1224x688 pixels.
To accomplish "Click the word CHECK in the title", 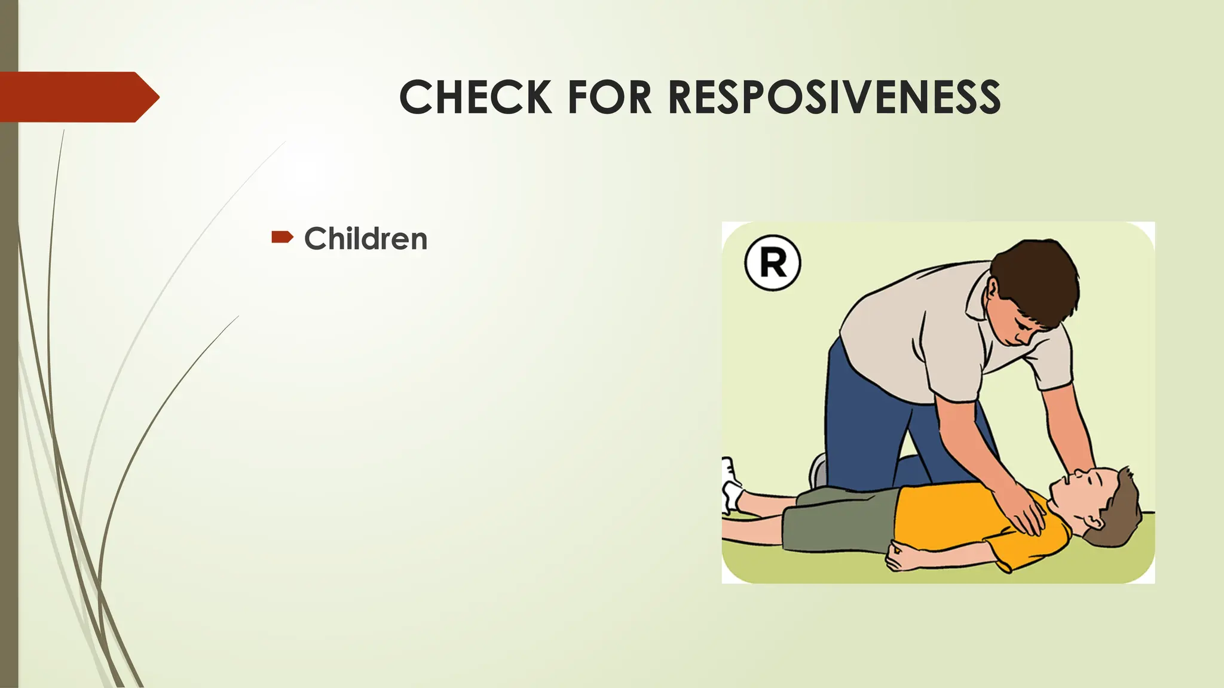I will tap(475, 97).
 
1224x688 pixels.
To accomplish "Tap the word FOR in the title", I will tap(609, 97).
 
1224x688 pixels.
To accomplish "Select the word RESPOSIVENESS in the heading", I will tap(834, 97).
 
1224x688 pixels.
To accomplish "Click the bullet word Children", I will tap(366, 239).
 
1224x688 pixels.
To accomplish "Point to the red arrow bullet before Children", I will tap(281, 238).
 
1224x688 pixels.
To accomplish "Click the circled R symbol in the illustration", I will tap(773, 263).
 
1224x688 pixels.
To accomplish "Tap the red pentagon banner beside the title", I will tap(78, 97).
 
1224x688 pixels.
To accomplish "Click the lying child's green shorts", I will tap(837, 520).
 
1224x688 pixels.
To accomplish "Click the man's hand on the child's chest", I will tap(1025, 514).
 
